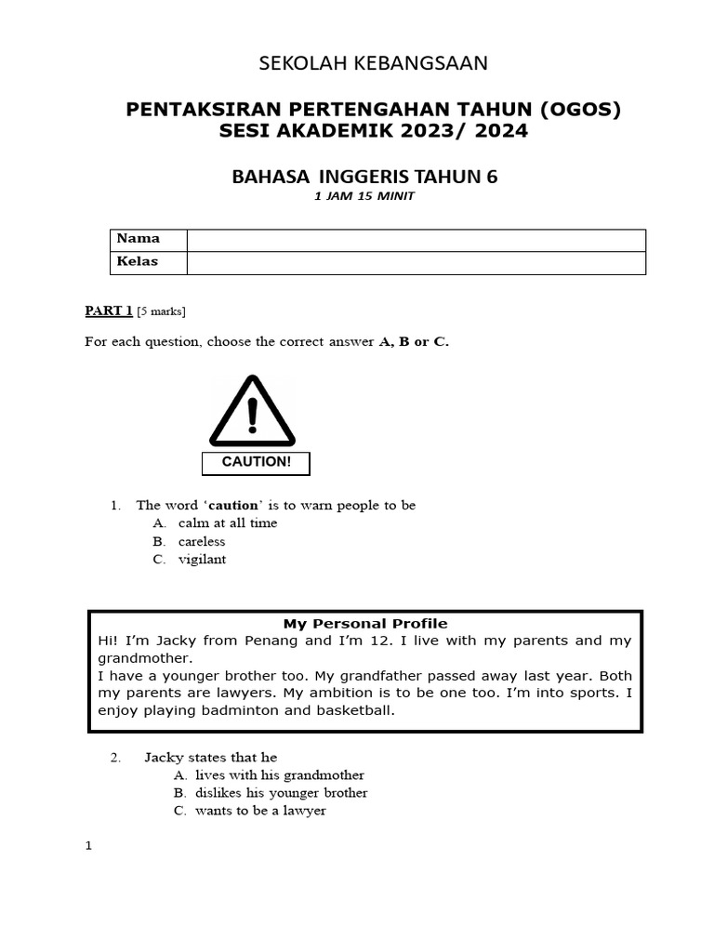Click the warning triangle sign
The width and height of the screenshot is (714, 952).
[252, 413]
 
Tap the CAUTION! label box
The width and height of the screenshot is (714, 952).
[256, 463]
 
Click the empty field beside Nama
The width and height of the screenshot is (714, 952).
[416, 240]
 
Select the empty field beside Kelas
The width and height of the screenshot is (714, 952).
[416, 263]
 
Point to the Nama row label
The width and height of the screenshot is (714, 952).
[138, 239]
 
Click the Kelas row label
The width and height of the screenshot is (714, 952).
[138, 262]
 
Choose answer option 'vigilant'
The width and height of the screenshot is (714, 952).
[202, 560]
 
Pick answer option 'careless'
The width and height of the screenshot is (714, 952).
[202, 541]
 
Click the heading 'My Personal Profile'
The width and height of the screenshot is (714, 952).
[365, 623]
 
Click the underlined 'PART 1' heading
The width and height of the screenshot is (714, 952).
[109, 311]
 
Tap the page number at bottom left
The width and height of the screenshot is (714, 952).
[88, 847]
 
